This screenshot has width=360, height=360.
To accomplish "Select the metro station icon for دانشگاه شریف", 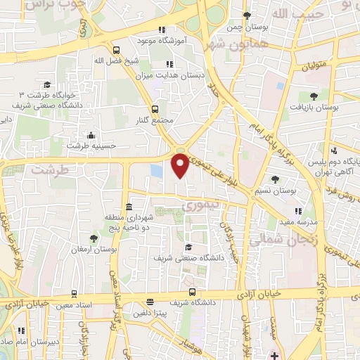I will (x=191, y=292).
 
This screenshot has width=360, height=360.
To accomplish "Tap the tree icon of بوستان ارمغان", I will (x=94, y=239).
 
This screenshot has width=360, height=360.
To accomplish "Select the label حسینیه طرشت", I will (x=91, y=146).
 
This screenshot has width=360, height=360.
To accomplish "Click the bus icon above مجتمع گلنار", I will (x=155, y=110).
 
